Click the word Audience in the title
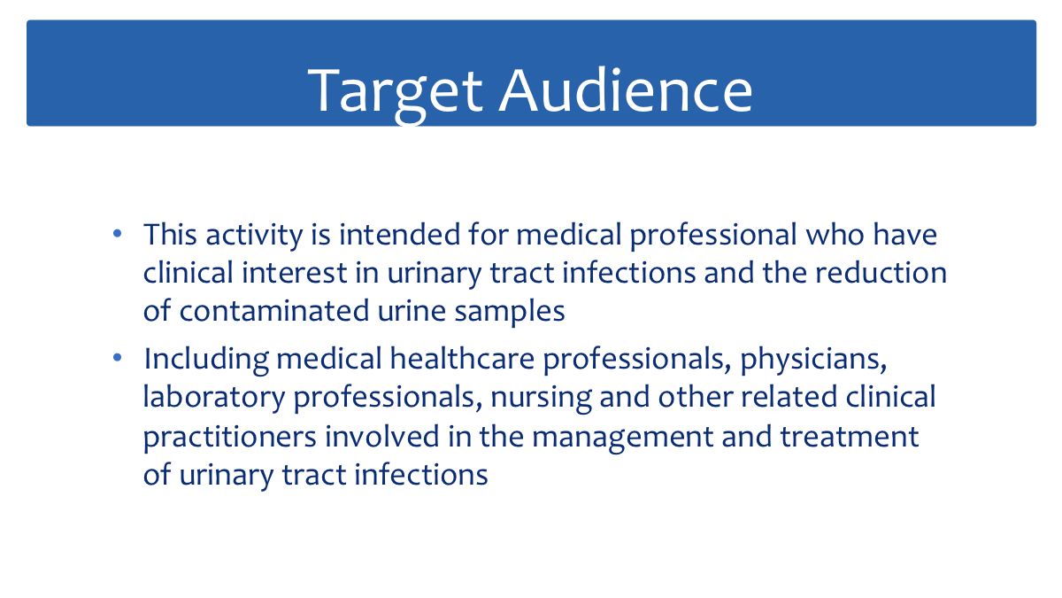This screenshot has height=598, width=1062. point(626,89)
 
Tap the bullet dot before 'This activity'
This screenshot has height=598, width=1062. point(117,234)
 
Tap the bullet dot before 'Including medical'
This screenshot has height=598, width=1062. point(117,357)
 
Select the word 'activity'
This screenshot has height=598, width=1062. point(254,236)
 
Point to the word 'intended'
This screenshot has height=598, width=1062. point(400,234)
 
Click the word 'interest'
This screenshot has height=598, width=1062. point(295,273)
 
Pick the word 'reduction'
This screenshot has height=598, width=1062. point(881,273)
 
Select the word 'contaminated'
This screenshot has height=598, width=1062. point(274,311)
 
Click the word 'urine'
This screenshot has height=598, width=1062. point(412,312)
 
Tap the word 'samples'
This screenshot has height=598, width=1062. point(510,313)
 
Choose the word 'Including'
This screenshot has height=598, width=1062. point(206,360)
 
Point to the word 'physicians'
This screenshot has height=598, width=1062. point(813,360)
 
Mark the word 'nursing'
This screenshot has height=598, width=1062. point(541,399)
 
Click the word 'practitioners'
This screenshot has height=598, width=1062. point(229,438)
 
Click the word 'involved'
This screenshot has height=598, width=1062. point(382,437)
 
